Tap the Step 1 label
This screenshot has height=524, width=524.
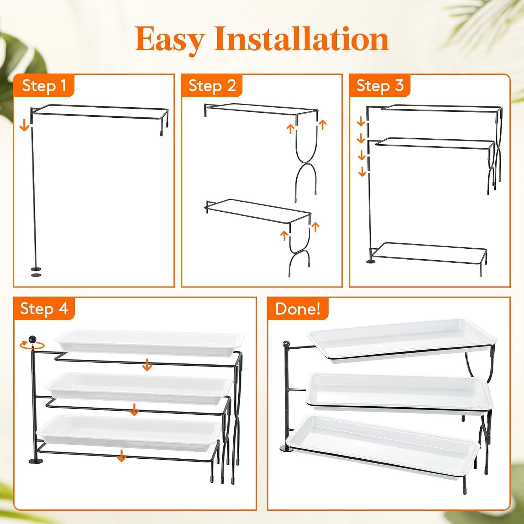click(44, 86)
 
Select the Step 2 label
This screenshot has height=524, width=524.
click(212, 86)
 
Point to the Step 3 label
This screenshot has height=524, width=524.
click(380, 86)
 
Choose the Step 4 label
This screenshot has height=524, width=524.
click(44, 308)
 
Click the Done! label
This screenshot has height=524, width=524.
click(298, 309)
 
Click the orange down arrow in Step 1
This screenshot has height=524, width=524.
click(24, 125)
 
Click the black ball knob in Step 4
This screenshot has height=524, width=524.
click(32, 339)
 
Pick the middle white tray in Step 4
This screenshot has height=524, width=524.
click(138, 386)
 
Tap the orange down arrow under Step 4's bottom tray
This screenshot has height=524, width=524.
click(121, 456)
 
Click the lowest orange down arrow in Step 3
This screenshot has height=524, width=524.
click(362, 171)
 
